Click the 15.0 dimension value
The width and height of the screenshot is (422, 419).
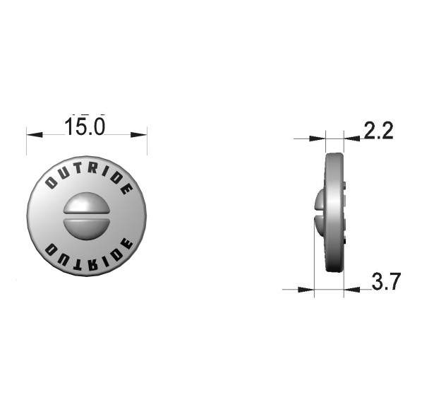click(x=85, y=126)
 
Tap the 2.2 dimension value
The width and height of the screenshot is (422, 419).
click(x=379, y=131)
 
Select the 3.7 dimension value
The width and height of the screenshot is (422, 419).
click(x=386, y=281)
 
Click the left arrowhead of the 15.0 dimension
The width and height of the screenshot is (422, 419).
click(x=35, y=134)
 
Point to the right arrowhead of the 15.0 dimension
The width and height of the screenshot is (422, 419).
click(x=139, y=134)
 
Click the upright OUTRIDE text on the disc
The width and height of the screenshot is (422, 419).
click(x=88, y=177)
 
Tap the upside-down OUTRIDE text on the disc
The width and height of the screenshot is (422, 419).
click(x=88, y=254)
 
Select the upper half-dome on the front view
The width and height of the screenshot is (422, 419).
click(x=87, y=203)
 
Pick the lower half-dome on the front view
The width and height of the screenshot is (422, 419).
click(x=87, y=229)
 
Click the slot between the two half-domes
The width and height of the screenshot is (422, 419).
click(x=87, y=216)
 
